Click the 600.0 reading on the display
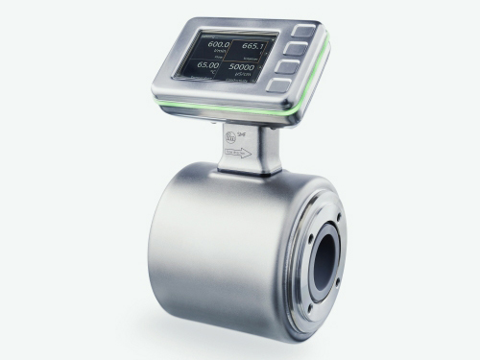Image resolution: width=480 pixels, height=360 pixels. point(218,46)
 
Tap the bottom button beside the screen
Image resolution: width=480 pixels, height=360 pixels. point(280,84)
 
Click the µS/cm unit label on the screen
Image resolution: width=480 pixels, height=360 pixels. point(248,78)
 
